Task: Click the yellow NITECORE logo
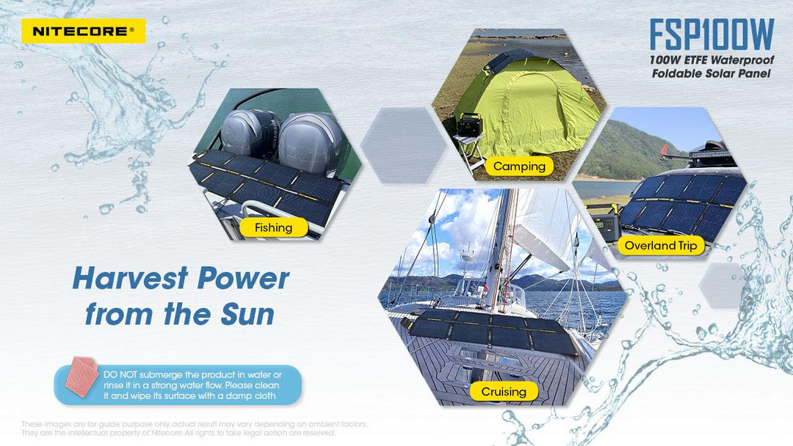pyautogui.click(x=83, y=31)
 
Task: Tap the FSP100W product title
pyautogui.click(x=711, y=34)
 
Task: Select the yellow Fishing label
pyautogui.click(x=273, y=227)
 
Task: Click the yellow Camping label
pyautogui.click(x=519, y=166)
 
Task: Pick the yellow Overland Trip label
pyautogui.click(x=661, y=246)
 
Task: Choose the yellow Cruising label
pyautogui.click(x=504, y=392)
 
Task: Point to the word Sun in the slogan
pyautogui.click(x=247, y=314)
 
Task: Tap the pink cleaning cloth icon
pyautogui.click(x=80, y=376)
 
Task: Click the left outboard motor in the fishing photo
pyautogui.click(x=250, y=132)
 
